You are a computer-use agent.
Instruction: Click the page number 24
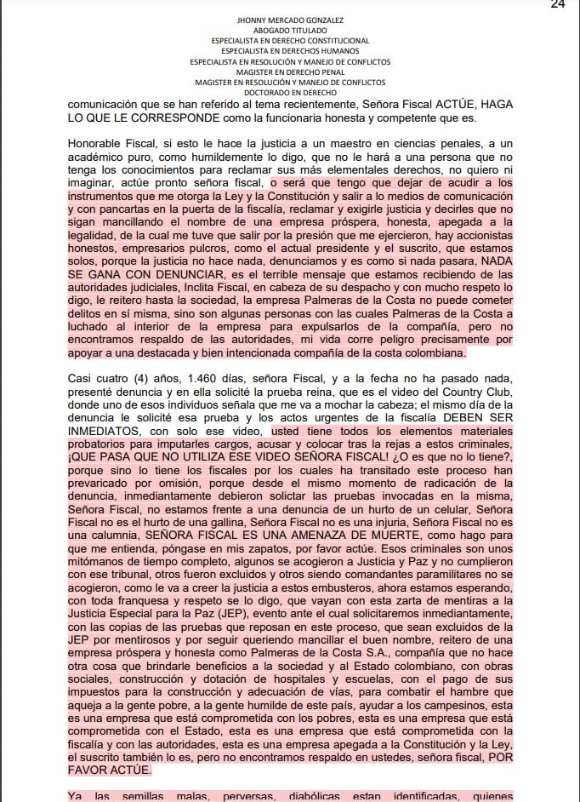click(x=558, y=5)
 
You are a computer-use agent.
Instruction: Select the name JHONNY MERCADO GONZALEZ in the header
click(x=289, y=20)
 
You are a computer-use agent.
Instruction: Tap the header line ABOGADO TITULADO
click(x=289, y=30)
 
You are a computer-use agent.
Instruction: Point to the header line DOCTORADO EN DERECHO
click(x=289, y=93)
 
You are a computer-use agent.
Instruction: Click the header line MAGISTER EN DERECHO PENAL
click(x=289, y=72)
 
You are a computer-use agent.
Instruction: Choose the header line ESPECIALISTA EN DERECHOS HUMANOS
click(x=289, y=51)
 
